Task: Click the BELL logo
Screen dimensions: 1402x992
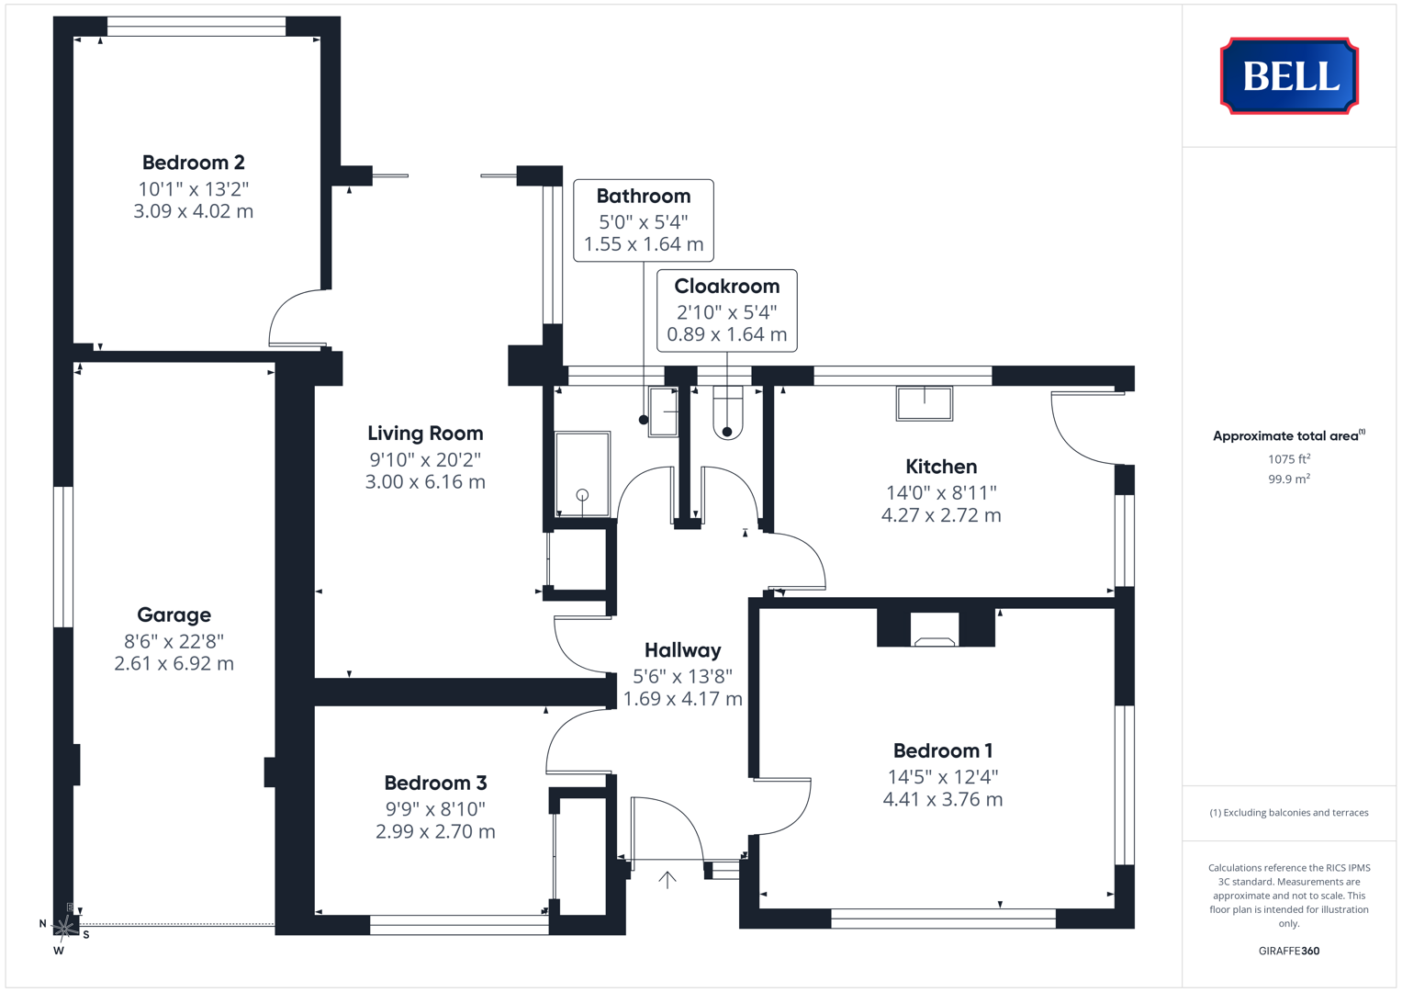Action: click(1289, 75)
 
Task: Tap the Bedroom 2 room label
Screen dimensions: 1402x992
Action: click(194, 163)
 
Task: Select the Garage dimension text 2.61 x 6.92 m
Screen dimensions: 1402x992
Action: click(174, 663)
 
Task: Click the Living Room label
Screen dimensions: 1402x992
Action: click(425, 434)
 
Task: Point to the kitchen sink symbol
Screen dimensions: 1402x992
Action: click(925, 403)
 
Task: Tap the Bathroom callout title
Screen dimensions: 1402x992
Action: click(644, 196)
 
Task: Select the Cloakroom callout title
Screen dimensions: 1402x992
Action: click(726, 287)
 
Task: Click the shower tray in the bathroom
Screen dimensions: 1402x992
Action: click(582, 474)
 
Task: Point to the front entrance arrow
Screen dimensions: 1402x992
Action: click(667, 880)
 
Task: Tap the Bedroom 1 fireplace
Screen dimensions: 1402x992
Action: click(935, 629)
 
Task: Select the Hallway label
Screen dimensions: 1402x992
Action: click(683, 650)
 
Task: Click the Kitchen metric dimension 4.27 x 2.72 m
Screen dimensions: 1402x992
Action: click(941, 515)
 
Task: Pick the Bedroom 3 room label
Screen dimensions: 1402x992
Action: click(435, 783)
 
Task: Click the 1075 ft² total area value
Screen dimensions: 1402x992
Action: click(1289, 459)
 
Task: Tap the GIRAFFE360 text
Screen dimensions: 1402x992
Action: click(1289, 951)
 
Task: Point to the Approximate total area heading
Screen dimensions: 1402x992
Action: click(1289, 435)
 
